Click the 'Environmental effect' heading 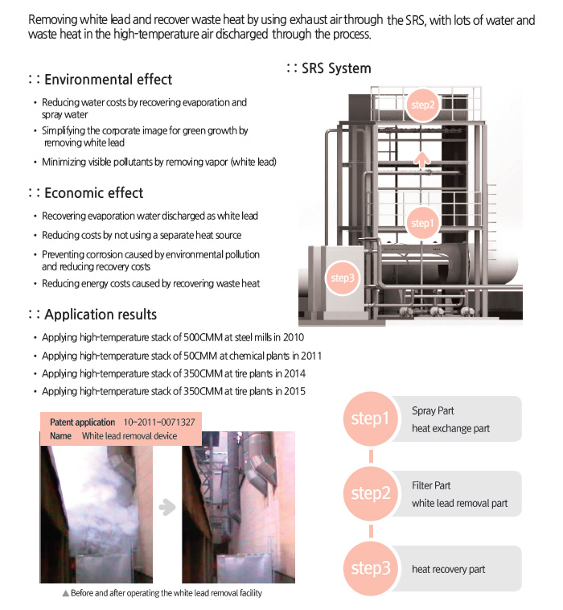click(108, 80)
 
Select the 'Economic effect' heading click(93, 193)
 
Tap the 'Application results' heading click(101, 315)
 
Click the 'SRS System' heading click(335, 68)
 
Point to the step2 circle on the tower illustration click(422, 105)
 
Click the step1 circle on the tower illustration click(421, 223)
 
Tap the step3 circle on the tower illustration click(342, 278)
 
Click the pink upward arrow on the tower click(421, 158)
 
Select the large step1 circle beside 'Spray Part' click(370, 419)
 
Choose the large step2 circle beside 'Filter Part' click(370, 493)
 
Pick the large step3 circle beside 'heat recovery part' click(370, 568)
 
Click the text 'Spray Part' click(433, 410)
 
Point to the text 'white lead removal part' click(459, 504)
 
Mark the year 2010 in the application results click(293, 337)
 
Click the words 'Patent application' click(82, 422)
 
